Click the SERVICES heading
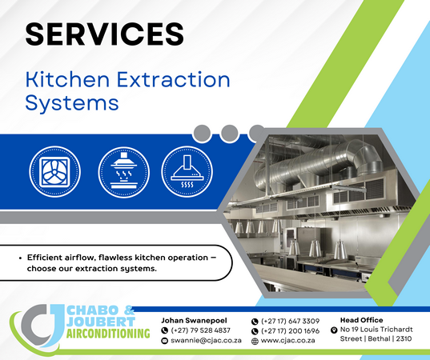pyautogui.click(x=104, y=34)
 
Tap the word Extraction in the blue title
pyautogui.click(x=173, y=80)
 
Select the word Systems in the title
pyautogui.click(x=72, y=103)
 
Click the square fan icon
pyautogui.click(x=54, y=171)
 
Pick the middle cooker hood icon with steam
pyautogui.click(x=123, y=172)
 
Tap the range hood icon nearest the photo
pyautogui.click(x=187, y=172)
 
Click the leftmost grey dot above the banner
pyautogui.click(x=202, y=134)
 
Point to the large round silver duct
pyautogui.click(x=318, y=163)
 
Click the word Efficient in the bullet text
pyautogui.click(x=45, y=258)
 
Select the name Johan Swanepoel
pyautogui.click(x=194, y=320)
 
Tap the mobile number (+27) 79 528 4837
pyautogui.click(x=200, y=330)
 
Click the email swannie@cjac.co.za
pyautogui.click(x=206, y=341)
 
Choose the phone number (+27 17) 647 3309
pyautogui.click(x=290, y=321)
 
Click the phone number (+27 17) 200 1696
pyautogui.click(x=290, y=331)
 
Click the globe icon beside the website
pyautogui.click(x=255, y=341)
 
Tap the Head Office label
pyautogui.click(x=361, y=320)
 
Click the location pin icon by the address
pyautogui.click(x=334, y=330)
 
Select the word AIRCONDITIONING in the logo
pyautogui.click(x=108, y=334)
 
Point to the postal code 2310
pyautogui.click(x=404, y=339)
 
